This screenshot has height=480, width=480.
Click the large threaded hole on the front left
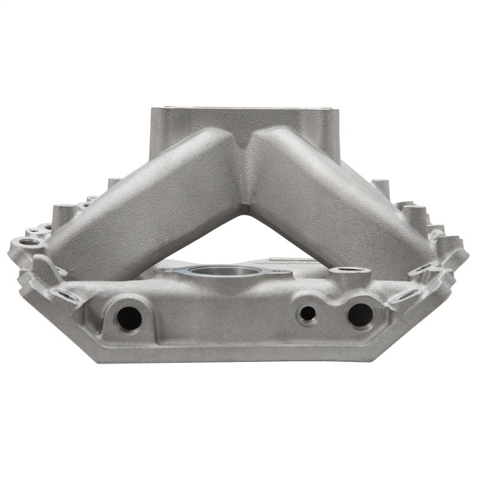[x=129, y=317]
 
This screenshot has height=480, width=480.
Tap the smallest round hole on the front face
[x=308, y=313]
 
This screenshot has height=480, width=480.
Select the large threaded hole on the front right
[x=360, y=314]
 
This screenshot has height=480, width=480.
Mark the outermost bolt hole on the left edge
[x=27, y=242]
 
